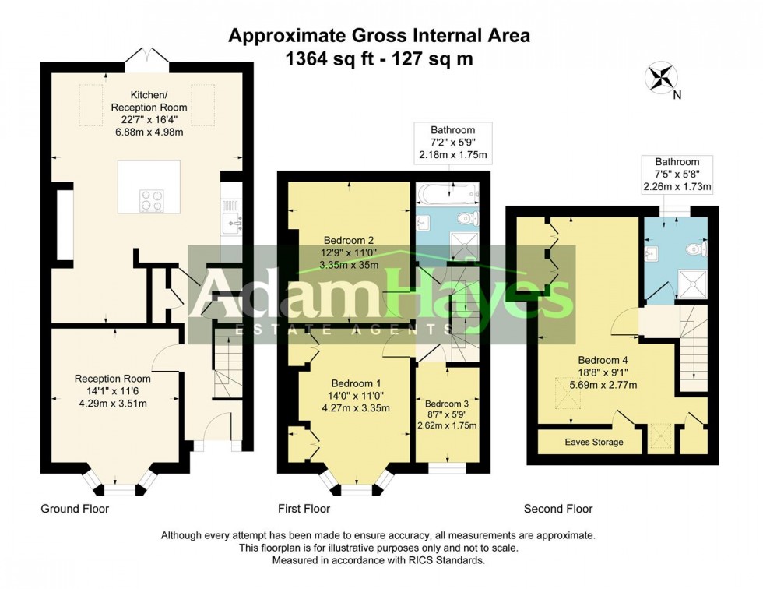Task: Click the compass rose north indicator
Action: pyautogui.click(x=662, y=79)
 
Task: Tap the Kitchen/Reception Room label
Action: pyautogui.click(x=148, y=107)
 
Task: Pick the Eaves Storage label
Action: pyautogui.click(x=593, y=442)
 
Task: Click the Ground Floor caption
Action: pyautogui.click(x=75, y=509)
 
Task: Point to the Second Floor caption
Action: pyautogui.click(x=557, y=509)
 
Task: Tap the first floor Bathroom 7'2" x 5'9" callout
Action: pyautogui.click(x=452, y=143)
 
